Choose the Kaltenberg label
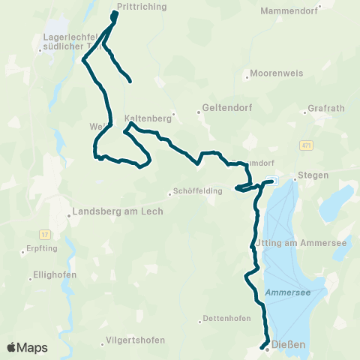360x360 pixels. click(x=148, y=118)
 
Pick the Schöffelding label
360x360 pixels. click(x=198, y=191)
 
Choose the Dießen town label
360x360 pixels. click(x=289, y=346)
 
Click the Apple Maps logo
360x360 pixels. click(x=27, y=347)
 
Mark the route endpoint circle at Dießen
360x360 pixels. click(x=266, y=347)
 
